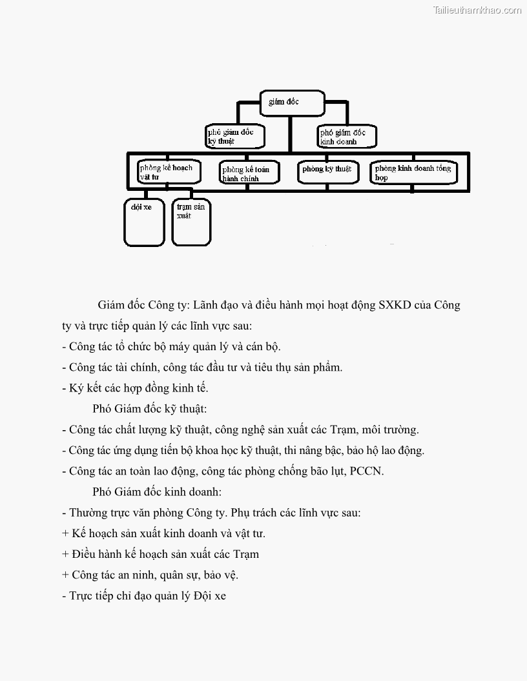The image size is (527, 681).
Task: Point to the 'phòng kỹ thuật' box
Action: (327, 171)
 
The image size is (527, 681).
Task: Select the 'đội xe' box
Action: (144, 223)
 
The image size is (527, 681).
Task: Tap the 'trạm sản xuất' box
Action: (191, 223)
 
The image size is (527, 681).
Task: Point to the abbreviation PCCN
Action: (366, 471)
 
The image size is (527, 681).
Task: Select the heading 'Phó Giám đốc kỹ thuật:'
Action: (149, 409)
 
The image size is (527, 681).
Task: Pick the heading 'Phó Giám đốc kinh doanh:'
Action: (157, 492)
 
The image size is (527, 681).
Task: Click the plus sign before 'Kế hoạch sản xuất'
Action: (65, 534)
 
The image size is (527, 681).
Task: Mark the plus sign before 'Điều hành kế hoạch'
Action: (65, 555)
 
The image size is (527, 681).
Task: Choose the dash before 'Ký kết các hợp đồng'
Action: (64, 388)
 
